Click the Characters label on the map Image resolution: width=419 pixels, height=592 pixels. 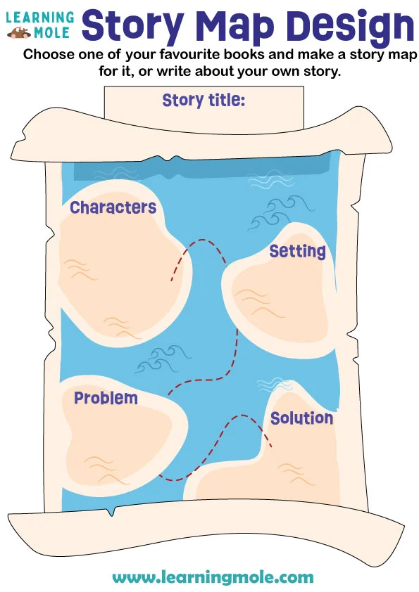pos(113,207)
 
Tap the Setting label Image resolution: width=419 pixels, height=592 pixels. pos(297,251)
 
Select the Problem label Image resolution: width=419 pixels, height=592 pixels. pos(106,398)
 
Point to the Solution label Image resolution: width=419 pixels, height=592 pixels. pos(301,418)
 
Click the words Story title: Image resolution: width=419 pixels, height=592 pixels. pos(204,101)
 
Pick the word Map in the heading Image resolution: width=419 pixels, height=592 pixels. pos(235,26)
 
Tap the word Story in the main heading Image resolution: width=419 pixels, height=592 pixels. pos(133,26)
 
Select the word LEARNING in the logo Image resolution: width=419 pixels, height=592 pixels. pos(40,16)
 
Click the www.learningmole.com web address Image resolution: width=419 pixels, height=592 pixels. pos(213,577)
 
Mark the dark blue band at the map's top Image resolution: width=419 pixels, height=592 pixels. pos(211,165)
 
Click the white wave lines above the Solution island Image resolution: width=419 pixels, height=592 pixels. pos(275,385)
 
